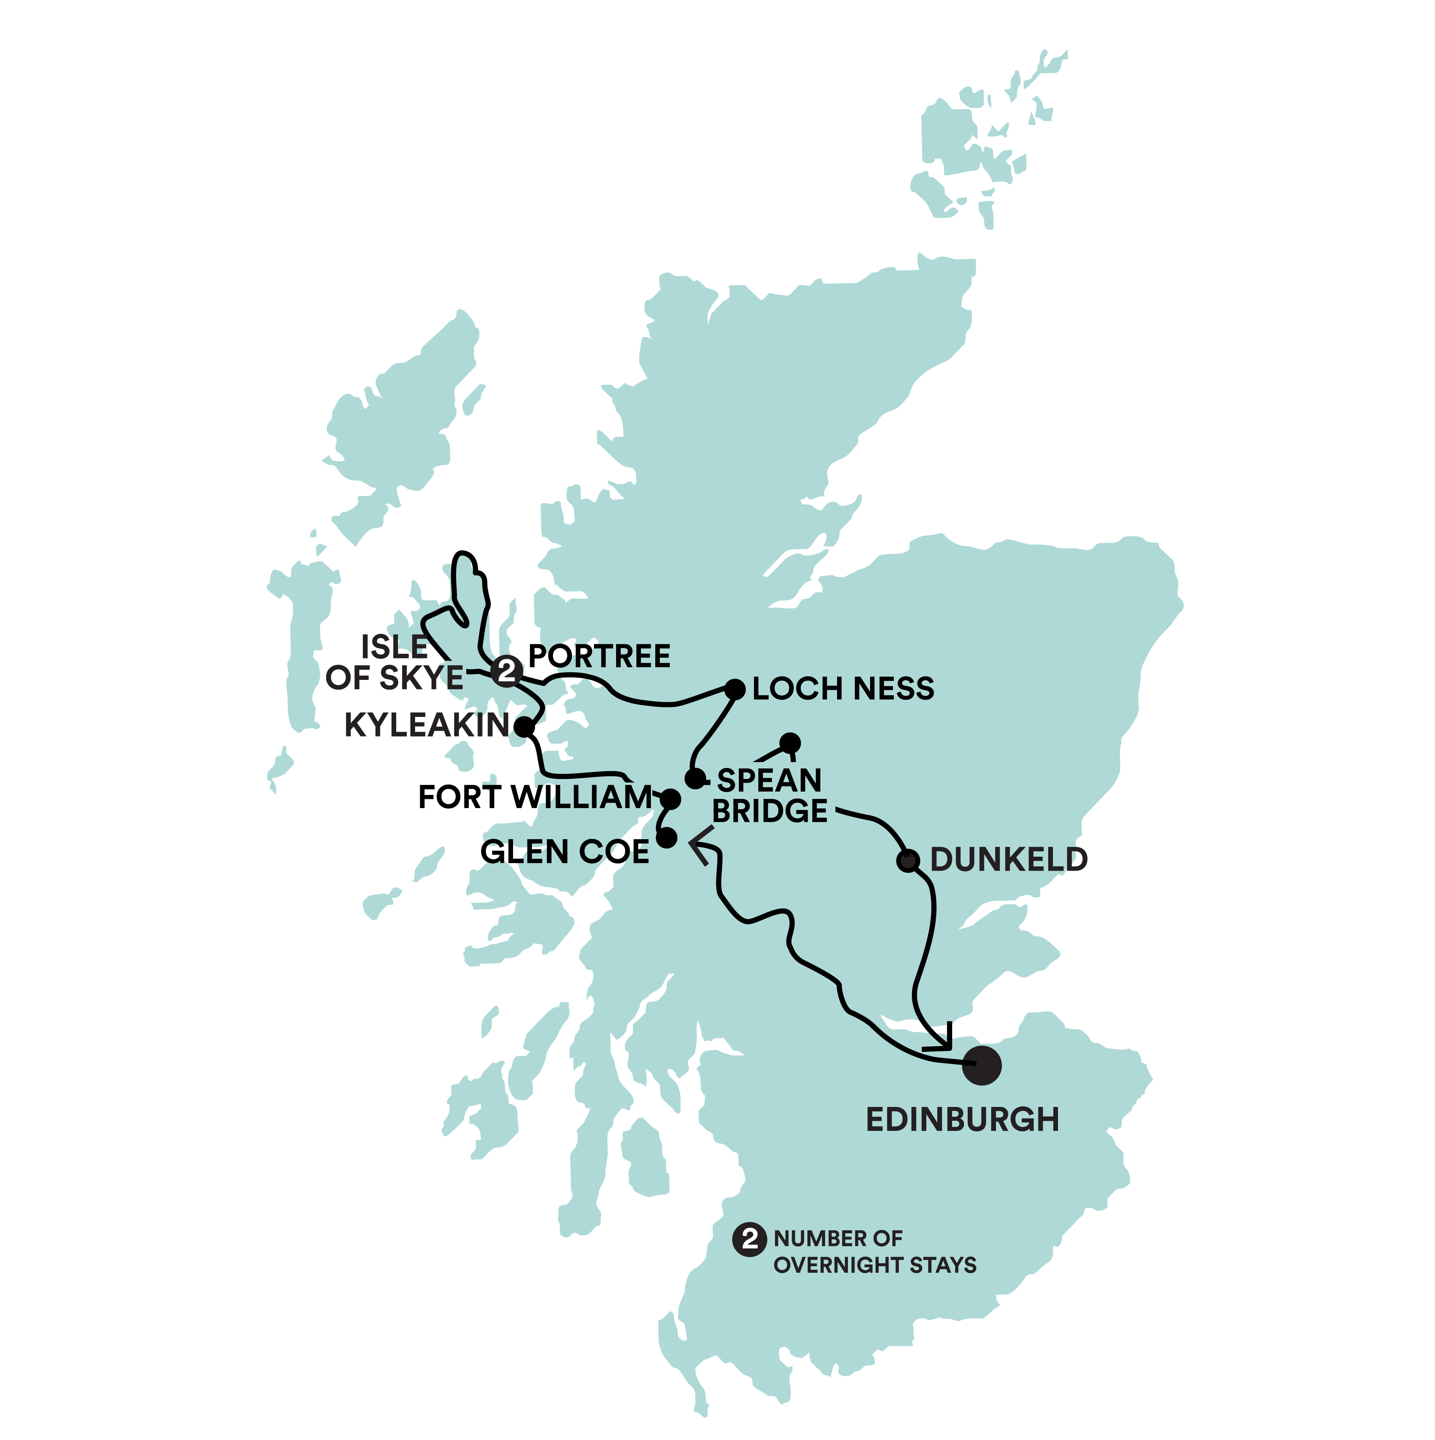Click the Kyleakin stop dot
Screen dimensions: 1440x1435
[x=525, y=727]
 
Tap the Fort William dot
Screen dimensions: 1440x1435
[x=671, y=800]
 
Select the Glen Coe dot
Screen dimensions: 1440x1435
[x=668, y=838]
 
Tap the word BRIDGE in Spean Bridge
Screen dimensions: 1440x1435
[x=770, y=811]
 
